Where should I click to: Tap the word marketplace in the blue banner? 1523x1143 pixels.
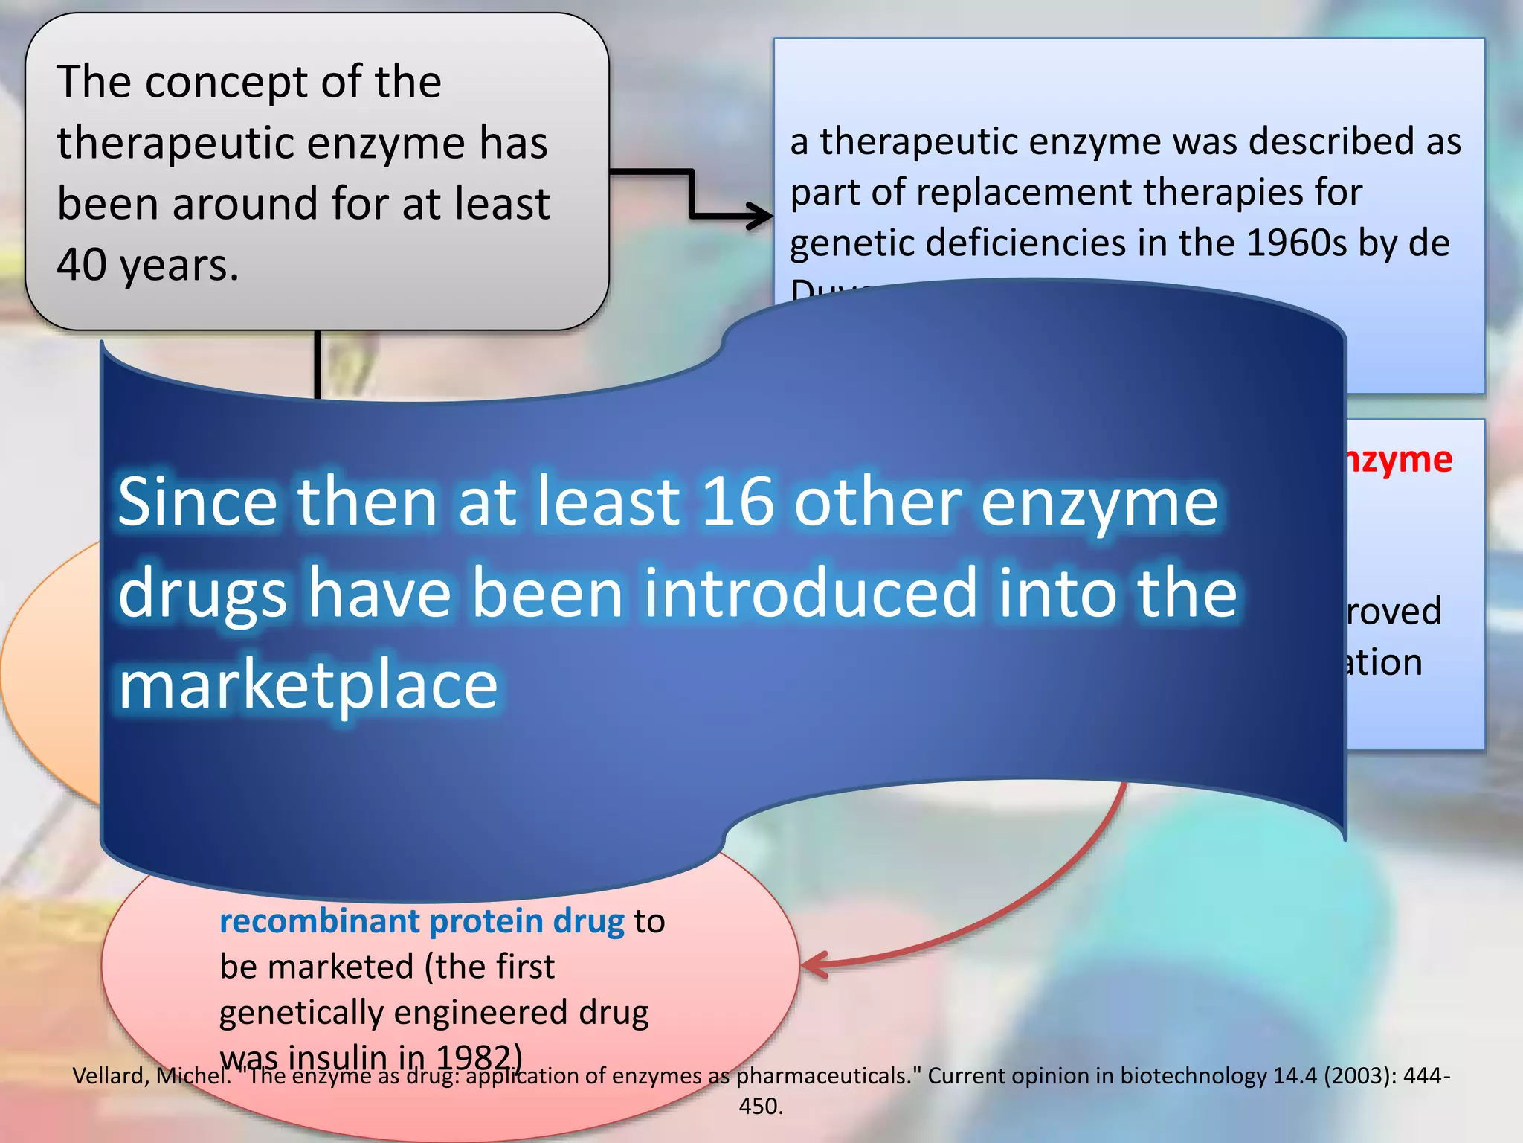[x=308, y=685]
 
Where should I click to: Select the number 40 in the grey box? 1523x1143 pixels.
[x=81, y=265]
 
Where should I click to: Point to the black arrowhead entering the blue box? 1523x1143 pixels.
[x=762, y=217]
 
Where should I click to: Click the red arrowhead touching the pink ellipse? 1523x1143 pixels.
[x=815, y=964]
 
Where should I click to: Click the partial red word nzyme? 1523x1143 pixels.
[x=1398, y=459]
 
